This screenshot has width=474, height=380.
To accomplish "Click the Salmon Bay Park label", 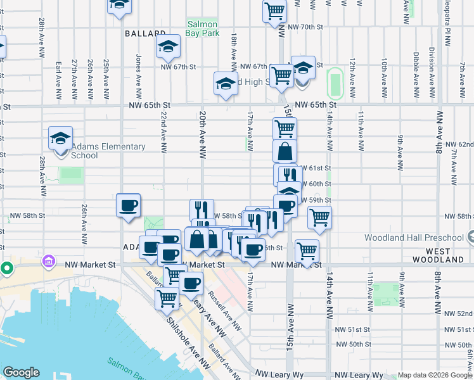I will [202, 28].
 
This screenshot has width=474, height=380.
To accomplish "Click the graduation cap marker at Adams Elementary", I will [61, 139].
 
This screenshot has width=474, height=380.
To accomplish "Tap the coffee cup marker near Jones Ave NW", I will [128, 206].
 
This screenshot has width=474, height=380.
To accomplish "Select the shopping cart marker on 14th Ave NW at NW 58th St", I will [319, 218].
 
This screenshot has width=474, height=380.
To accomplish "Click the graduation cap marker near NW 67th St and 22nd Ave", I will [168, 46].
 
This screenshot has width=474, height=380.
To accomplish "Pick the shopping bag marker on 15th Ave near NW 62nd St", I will [285, 151].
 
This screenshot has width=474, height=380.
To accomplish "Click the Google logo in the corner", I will [21, 372].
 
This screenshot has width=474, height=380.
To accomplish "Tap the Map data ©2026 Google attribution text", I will [435, 375].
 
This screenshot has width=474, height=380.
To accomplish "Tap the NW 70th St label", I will [305, 27].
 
